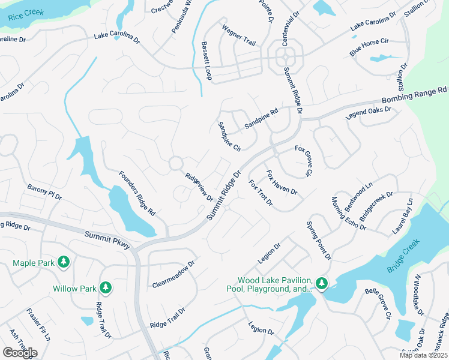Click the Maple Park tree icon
[64, 262]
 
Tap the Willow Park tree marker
[106, 288]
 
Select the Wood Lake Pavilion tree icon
[322, 283]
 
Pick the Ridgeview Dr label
[199, 187]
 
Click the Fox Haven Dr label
[281, 182]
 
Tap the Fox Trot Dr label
[261, 193]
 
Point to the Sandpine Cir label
[229, 136]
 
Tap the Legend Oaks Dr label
[369, 112]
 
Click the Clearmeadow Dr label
[173, 274]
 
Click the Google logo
[19, 353]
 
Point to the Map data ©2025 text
[423, 355]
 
